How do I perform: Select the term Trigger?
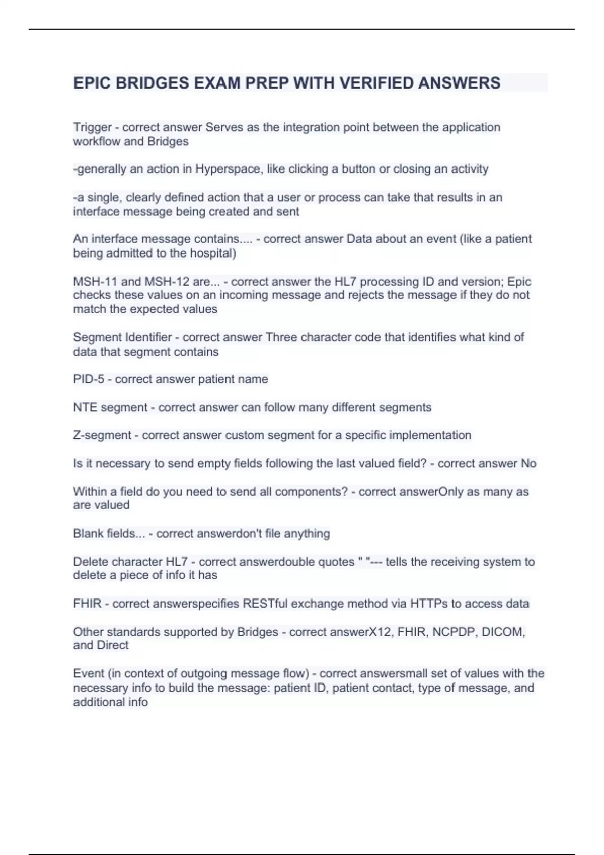click(92, 127)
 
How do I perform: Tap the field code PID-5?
click(89, 379)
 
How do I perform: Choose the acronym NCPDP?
click(455, 632)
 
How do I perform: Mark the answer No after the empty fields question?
click(528, 463)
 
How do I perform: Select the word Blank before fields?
click(88, 533)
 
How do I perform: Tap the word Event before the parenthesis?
click(88, 673)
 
